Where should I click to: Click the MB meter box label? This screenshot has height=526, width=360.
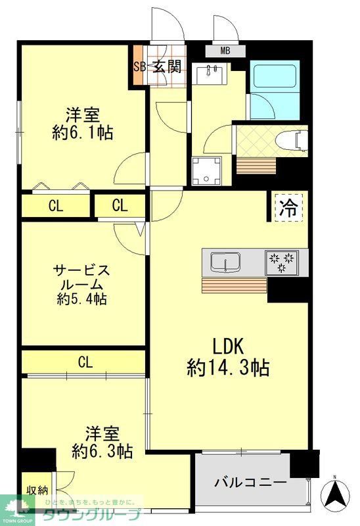[225, 51]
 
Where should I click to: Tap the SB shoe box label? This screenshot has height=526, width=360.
[139, 66]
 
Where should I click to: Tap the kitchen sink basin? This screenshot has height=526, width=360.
[225, 263]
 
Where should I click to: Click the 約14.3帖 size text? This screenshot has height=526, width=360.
[228, 367]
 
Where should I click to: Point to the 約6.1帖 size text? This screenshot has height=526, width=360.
[82, 132]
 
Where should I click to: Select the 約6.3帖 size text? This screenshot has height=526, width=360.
[102, 451]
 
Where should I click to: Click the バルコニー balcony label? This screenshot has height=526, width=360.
[250, 482]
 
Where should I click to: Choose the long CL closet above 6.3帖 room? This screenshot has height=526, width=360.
[84, 362]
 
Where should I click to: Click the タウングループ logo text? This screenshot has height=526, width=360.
[92, 514]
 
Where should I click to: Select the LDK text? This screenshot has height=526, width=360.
[228, 345]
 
